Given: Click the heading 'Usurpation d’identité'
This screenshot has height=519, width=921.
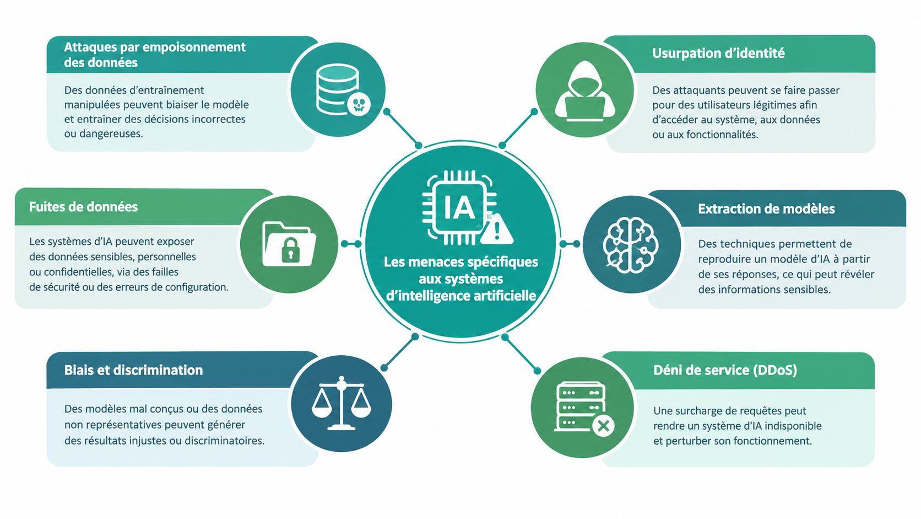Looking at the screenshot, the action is tap(718, 53).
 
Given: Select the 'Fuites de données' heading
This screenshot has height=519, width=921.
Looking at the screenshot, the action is tap(84, 207).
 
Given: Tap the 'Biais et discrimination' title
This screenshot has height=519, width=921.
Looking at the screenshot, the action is tap(134, 370).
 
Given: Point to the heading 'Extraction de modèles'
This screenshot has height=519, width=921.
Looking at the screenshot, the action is tap(766, 208).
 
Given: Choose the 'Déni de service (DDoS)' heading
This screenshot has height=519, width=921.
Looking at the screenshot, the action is tap(725, 370).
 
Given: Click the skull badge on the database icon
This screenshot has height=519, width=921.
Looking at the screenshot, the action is tap(359, 105).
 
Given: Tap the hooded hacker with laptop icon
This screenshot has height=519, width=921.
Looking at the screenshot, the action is tap(584, 91).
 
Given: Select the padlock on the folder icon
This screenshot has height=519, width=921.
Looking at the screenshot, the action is tap(290, 250).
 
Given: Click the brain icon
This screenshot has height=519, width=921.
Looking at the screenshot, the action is tap(631, 245).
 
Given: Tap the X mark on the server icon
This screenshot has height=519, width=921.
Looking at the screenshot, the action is tap(604, 426).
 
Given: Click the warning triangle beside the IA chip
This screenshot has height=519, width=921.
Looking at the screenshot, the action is tap(497, 229).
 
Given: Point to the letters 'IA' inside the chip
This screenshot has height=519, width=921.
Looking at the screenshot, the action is tap(460, 208).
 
